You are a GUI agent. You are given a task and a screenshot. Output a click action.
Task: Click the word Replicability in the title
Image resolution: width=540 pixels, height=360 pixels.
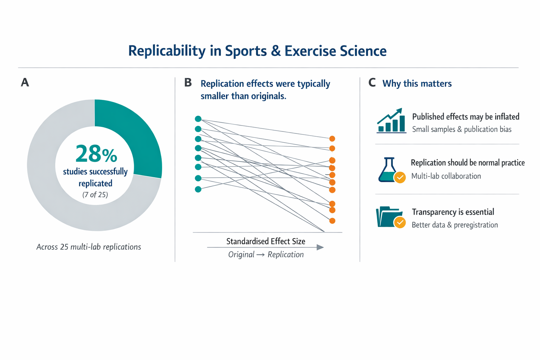[167, 51]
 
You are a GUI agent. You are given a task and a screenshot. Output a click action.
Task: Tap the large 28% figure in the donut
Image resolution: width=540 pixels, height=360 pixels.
[96, 154]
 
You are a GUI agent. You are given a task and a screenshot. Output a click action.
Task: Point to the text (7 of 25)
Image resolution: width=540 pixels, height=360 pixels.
[95, 195]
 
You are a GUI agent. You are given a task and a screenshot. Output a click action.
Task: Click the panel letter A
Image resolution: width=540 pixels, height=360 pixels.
[25, 83]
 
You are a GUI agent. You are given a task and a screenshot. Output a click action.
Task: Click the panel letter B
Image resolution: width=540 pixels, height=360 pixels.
[188, 83]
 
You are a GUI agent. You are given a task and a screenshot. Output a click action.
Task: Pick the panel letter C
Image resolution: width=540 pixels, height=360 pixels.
[372, 83]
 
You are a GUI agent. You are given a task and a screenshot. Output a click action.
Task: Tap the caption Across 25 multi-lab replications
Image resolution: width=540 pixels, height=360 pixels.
[89, 247]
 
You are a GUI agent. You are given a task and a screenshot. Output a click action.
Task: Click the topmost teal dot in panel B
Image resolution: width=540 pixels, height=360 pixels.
[198, 119]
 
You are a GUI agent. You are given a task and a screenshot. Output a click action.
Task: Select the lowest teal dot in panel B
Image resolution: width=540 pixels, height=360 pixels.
[198, 189]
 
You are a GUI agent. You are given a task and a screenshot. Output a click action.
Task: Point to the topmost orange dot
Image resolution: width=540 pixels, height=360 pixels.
[332, 139]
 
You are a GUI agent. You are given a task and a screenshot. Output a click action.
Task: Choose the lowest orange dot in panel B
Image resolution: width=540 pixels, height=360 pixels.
[332, 221]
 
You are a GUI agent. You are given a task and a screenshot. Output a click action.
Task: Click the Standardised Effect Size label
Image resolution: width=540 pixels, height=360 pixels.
[266, 241]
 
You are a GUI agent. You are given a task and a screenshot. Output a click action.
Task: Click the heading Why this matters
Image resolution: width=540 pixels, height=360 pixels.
[417, 84]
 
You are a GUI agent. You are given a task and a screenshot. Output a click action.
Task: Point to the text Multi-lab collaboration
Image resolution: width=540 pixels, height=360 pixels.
[446, 176]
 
